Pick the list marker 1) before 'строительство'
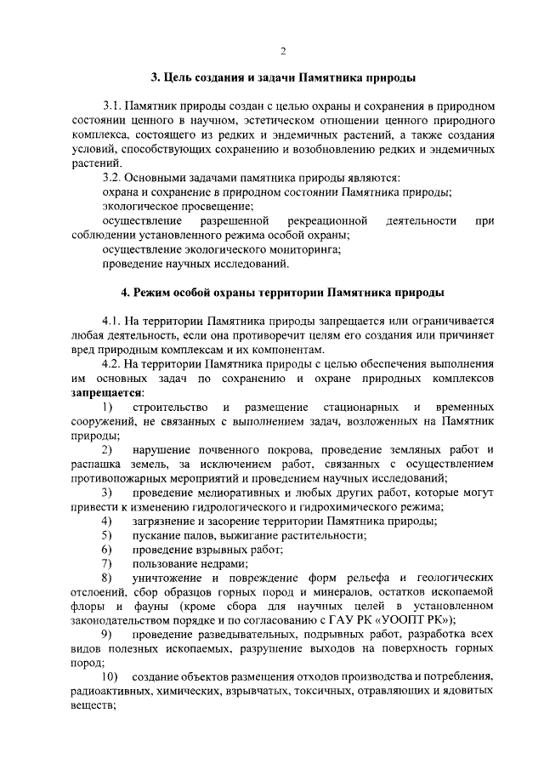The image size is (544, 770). [107, 407]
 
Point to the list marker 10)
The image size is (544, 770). [110, 676]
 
